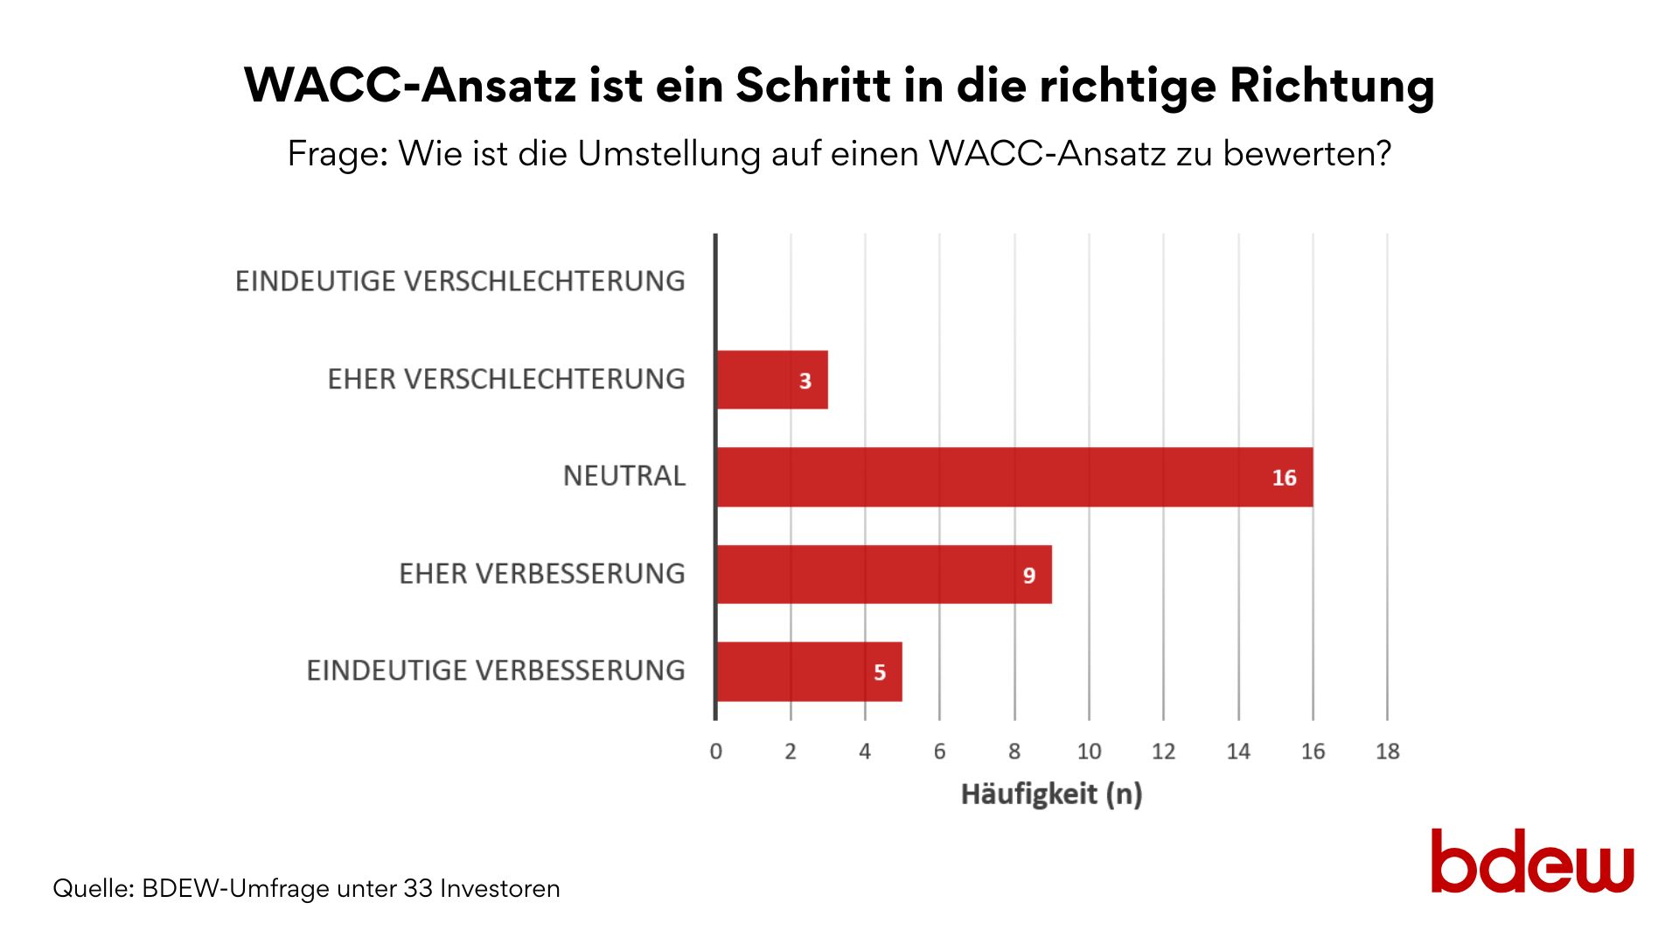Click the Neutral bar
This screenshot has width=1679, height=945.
pyautogui.click(x=1014, y=477)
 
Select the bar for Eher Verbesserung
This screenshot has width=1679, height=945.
pyautogui.click(x=883, y=574)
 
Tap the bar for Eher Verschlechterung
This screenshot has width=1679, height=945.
pyautogui.click(x=771, y=380)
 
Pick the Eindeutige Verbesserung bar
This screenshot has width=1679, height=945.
pyautogui.click(x=809, y=671)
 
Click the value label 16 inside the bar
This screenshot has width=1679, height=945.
pyautogui.click(x=1284, y=478)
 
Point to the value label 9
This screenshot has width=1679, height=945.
pyautogui.click(x=1029, y=575)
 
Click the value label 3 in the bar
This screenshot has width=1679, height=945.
pyautogui.click(x=805, y=381)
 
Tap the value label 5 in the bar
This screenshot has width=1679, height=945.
pyautogui.click(x=880, y=672)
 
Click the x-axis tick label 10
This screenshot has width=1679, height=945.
pyautogui.click(x=1089, y=752)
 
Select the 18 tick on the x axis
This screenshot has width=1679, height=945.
pyautogui.click(x=1387, y=752)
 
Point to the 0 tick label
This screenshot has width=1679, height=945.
pyautogui.click(x=716, y=752)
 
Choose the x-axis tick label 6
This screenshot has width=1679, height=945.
pyautogui.click(x=940, y=752)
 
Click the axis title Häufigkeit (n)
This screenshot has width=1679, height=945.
pyautogui.click(x=1051, y=794)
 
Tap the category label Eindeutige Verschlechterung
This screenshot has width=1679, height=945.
pyautogui.click(x=460, y=282)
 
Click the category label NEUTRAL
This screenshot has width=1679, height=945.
pyautogui.click(x=624, y=476)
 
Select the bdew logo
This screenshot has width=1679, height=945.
pyautogui.click(x=1532, y=862)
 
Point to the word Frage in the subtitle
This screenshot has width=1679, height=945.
pyautogui.click(x=337, y=154)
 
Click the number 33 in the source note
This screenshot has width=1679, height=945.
pyautogui.click(x=418, y=889)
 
